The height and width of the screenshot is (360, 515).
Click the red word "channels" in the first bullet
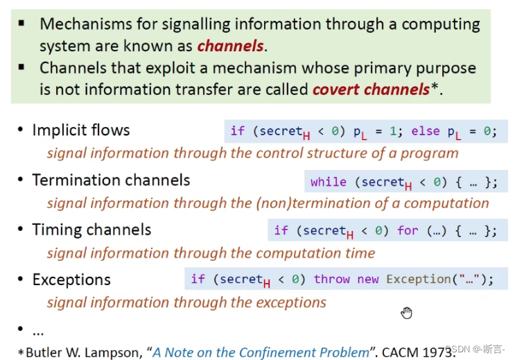pos(230,47)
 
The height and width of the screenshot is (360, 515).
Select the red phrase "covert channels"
pos(370,89)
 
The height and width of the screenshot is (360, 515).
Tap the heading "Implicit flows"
pos(81,130)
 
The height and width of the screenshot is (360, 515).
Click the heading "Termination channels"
pos(111,180)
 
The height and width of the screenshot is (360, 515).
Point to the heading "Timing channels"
pos(91,230)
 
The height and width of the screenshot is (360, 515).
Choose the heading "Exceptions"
pos(71,280)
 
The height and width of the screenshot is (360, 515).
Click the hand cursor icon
pos(406,313)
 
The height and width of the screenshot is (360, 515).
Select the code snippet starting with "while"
pos(404,182)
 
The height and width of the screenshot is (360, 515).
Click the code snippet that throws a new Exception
pos(342,280)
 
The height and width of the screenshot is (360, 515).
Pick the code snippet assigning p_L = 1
pos(364,131)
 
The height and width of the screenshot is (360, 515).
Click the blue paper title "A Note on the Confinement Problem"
pos(261,352)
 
